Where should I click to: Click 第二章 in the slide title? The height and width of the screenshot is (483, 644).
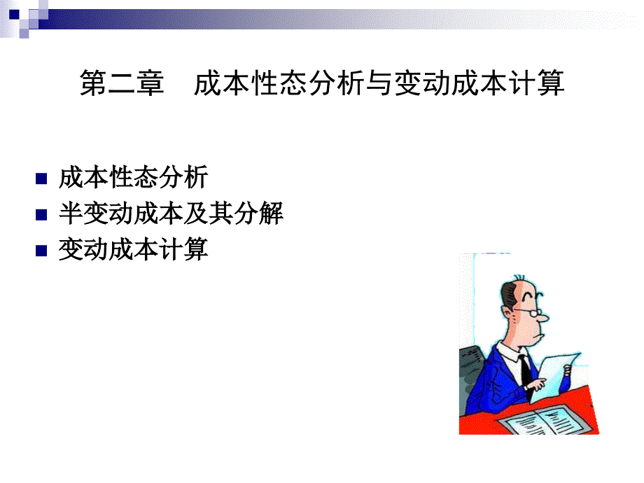(122, 83)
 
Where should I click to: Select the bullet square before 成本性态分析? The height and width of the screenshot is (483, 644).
(41, 178)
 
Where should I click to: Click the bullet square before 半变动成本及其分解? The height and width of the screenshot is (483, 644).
(41, 214)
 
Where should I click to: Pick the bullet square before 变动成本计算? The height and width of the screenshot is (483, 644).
(41, 250)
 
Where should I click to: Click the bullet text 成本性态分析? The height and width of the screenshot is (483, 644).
(134, 178)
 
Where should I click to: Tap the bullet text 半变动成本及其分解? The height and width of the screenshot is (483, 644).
(171, 213)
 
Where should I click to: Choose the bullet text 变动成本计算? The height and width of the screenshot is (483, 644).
(134, 249)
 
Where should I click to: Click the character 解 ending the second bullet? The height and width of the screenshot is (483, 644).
(271, 213)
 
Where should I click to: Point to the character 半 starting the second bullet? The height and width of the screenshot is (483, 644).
(71, 213)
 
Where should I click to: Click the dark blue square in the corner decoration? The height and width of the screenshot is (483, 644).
(14, 15)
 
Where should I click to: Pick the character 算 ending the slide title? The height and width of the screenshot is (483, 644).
(551, 83)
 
